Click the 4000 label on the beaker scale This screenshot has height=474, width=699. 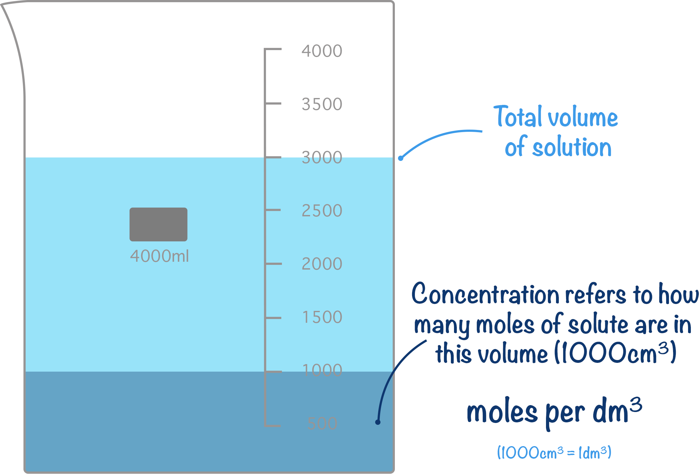322,51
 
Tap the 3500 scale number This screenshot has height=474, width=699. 322,104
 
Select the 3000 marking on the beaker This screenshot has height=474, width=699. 322,157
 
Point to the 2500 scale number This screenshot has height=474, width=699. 322,211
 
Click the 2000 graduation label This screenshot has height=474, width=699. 322,264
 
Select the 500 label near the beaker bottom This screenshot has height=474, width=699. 322,424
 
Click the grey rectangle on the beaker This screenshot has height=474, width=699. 158,224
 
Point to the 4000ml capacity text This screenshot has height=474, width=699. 159,256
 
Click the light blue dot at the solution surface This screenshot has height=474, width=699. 401,158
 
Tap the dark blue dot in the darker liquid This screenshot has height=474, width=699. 378,422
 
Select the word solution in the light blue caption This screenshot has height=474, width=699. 572,147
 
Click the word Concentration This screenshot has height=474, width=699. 485,294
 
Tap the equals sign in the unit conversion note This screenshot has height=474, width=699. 571,453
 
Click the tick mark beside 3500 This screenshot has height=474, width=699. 273,103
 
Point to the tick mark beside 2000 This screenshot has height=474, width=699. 273,264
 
